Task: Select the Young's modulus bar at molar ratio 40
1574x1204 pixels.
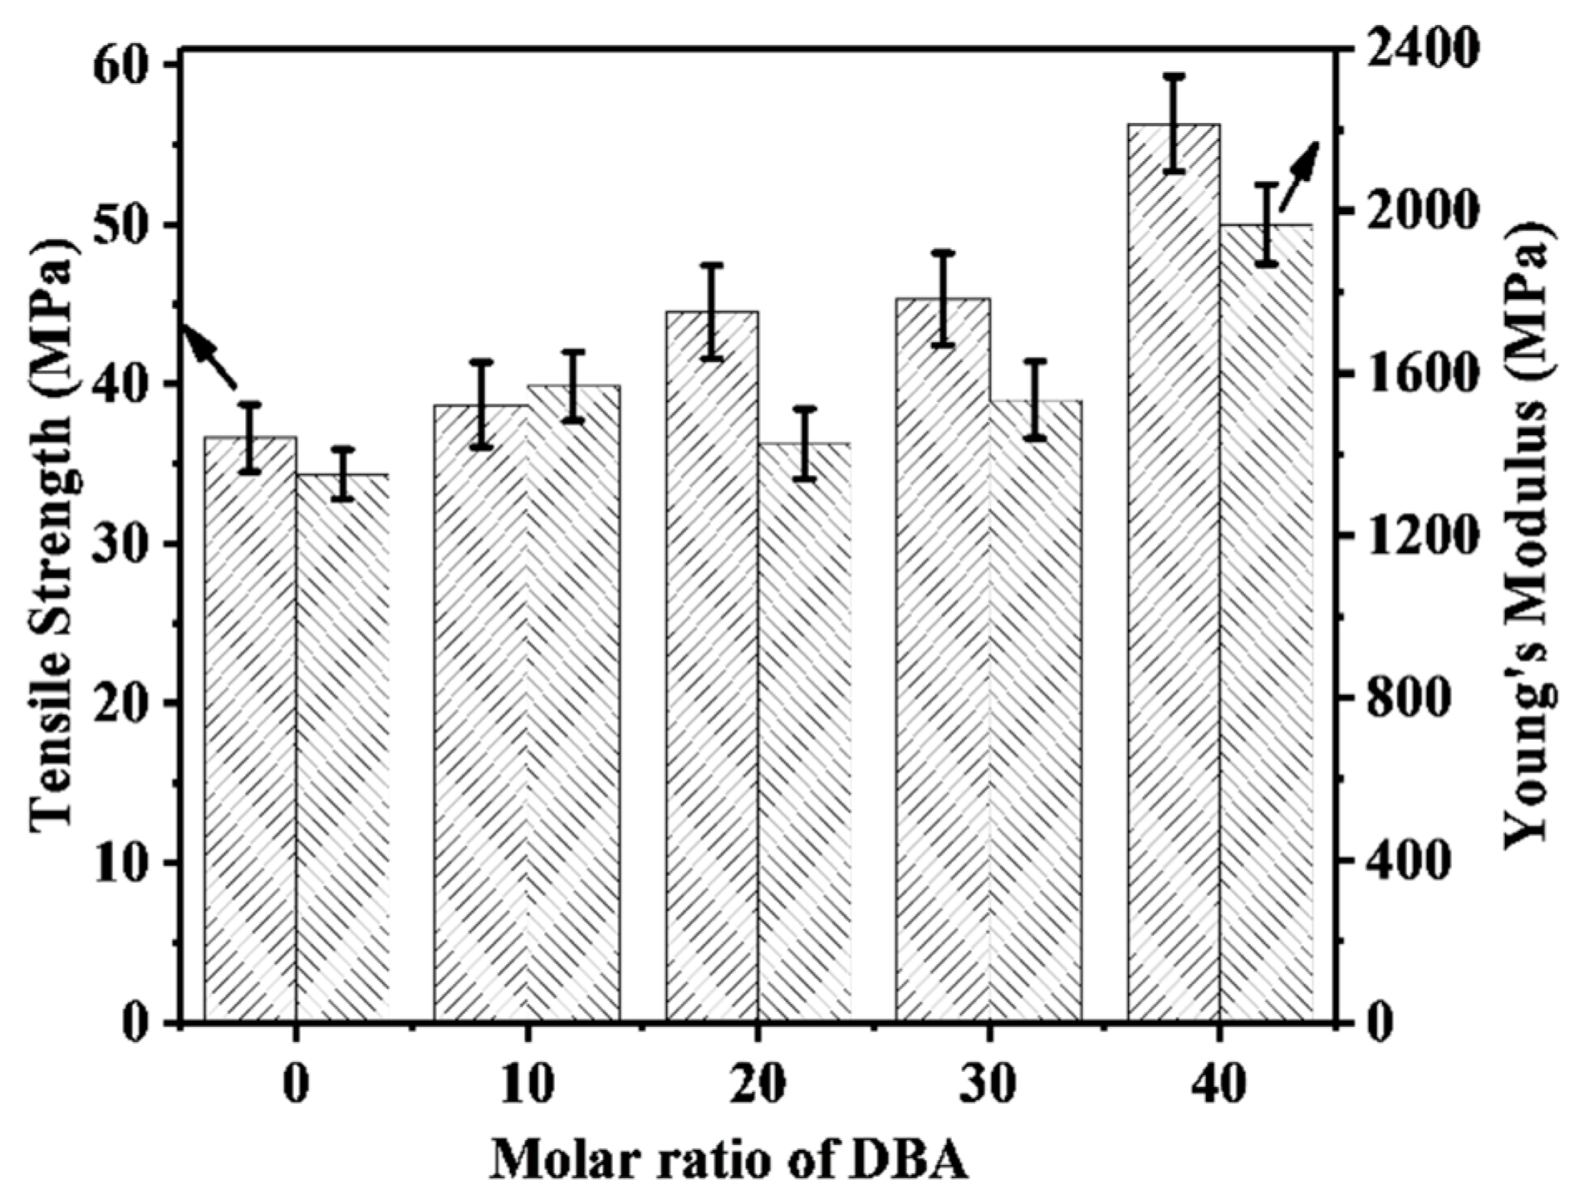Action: [1266, 623]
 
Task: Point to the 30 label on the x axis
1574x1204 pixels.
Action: [988, 1085]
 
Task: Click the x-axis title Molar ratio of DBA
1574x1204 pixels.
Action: [728, 1160]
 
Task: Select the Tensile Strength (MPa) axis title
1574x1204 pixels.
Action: [51, 531]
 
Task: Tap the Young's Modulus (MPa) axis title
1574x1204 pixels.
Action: [1527, 531]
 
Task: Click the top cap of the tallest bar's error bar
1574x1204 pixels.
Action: [1173, 76]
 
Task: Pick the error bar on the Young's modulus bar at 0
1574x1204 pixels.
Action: [343, 473]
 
